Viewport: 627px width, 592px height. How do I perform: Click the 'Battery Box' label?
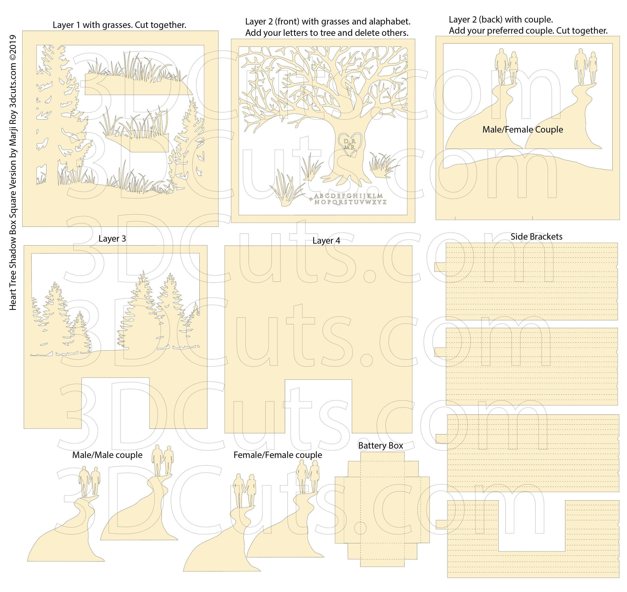click(x=380, y=446)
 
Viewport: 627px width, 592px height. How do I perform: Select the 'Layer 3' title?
click(x=112, y=239)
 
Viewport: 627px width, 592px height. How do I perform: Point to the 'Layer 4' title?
click(x=326, y=241)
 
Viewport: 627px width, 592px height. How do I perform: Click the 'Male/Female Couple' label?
click(x=522, y=130)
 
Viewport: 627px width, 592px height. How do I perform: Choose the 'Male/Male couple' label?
click(x=107, y=455)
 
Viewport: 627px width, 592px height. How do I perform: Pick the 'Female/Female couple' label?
click(x=277, y=455)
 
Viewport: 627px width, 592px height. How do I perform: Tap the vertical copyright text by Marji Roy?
click(x=13, y=172)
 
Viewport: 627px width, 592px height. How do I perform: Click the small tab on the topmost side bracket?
click(x=440, y=267)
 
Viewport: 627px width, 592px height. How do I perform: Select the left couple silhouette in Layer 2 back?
click(x=506, y=67)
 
